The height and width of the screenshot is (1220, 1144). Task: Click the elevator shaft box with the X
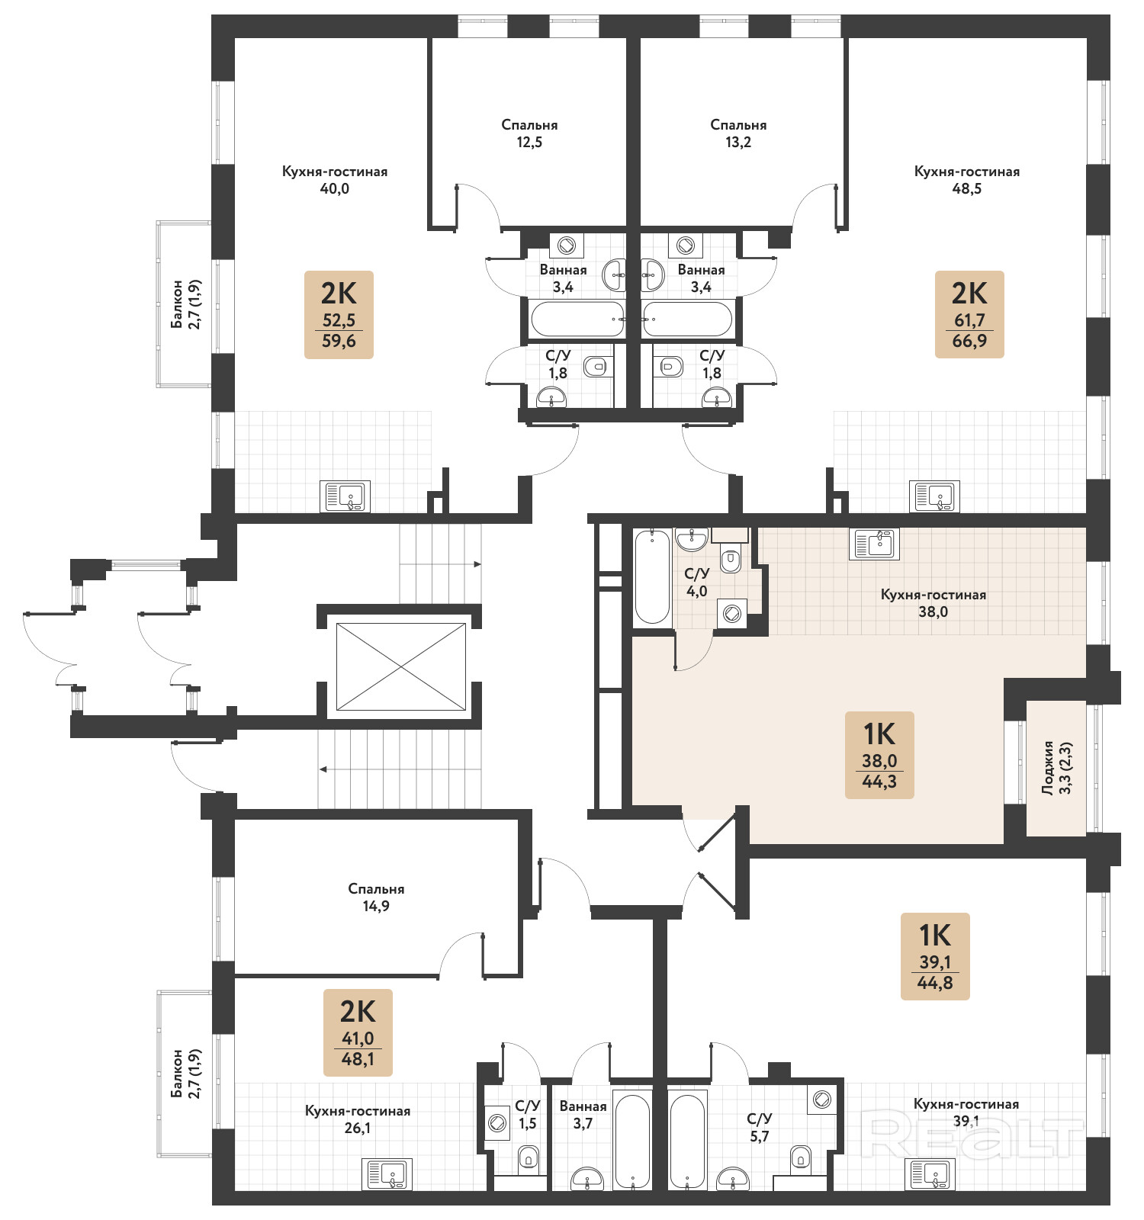[401, 666]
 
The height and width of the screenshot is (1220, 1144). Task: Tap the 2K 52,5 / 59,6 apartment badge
[339, 314]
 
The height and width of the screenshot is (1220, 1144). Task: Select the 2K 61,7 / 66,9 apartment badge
[969, 314]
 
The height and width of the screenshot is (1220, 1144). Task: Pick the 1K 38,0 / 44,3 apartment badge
[879, 755]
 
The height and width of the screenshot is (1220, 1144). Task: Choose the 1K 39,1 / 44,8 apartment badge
[935, 956]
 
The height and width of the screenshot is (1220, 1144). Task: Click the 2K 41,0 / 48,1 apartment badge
[358, 1032]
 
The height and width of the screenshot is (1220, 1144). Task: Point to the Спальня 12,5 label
[529, 133]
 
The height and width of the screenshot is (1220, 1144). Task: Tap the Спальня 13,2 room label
[738, 133]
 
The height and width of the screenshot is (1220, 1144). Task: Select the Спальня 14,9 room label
[376, 897]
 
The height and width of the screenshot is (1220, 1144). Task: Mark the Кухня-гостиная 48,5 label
[967, 180]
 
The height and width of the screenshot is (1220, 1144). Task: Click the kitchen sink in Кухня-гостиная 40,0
[345, 496]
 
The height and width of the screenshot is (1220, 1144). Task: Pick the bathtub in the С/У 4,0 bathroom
[652, 576]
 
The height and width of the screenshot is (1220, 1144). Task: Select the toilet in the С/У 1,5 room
[529, 1158]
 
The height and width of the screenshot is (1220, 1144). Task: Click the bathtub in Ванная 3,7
[633, 1141]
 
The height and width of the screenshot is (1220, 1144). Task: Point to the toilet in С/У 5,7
[801, 1157]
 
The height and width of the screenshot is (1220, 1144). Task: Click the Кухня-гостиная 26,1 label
[358, 1119]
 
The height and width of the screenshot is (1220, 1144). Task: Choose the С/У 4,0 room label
[696, 583]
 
